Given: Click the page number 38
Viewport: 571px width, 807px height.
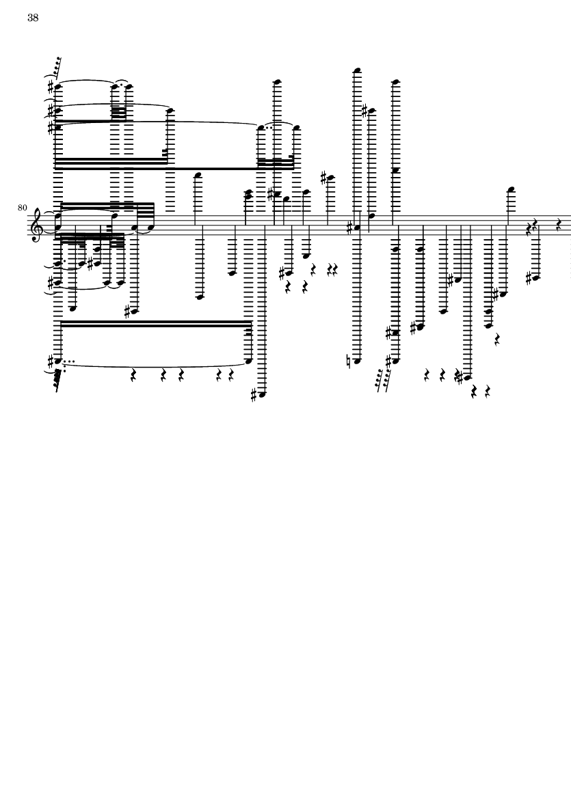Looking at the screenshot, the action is click(x=33, y=18).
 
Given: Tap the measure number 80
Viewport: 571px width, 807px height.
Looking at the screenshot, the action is click(x=22, y=208).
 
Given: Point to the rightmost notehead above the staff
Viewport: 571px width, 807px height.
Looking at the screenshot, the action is click(x=511, y=190).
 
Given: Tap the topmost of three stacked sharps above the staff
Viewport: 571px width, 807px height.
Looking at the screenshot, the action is click(x=51, y=85).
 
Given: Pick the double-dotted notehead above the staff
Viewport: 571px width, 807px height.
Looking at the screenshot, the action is click(x=261, y=126).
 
